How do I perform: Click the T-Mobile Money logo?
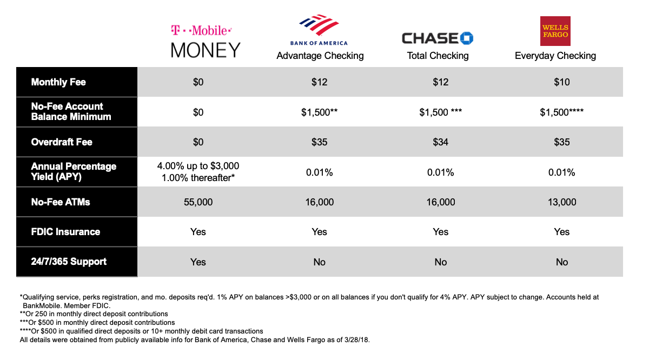(x=206, y=41)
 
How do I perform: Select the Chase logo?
(x=437, y=38)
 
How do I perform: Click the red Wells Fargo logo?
(x=555, y=31)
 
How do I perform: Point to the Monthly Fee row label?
(x=58, y=82)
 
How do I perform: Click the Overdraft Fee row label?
(x=62, y=142)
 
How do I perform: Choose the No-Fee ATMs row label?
(x=61, y=202)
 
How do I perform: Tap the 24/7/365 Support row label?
(x=69, y=262)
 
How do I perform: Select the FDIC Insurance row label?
(x=65, y=232)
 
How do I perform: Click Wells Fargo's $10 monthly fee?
(x=561, y=82)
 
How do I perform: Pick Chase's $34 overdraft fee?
(x=440, y=142)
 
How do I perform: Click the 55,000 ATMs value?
(x=198, y=202)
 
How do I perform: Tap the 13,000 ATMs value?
(x=561, y=202)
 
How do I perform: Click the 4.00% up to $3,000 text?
(x=198, y=166)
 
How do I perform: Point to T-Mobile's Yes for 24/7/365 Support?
(x=198, y=262)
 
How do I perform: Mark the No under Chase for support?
(x=440, y=262)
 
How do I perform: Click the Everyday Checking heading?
(x=555, y=56)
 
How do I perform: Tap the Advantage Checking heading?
(x=320, y=56)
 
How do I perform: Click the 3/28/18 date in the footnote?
(x=353, y=339)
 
